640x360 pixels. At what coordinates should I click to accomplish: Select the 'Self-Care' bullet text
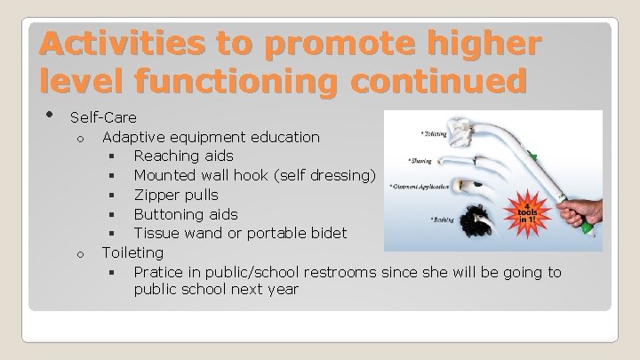click(103, 117)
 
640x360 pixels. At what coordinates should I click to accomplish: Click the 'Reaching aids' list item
click(183, 156)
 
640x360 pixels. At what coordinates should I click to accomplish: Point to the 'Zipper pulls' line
click(176, 195)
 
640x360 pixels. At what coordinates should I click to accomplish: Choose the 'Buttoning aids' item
click(186, 214)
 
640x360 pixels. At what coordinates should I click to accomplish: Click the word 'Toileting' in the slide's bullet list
click(132, 252)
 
